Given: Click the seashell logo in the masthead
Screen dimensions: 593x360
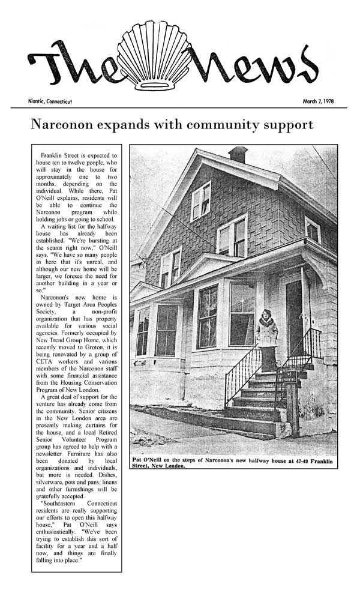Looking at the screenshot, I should pyautogui.click(x=161, y=56).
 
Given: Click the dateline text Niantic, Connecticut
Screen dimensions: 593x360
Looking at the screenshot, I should pyautogui.click(x=50, y=101).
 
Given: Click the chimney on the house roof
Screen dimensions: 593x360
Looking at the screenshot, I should pyautogui.click(x=238, y=154).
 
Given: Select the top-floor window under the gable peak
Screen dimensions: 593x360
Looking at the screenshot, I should pyautogui.click(x=200, y=201).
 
